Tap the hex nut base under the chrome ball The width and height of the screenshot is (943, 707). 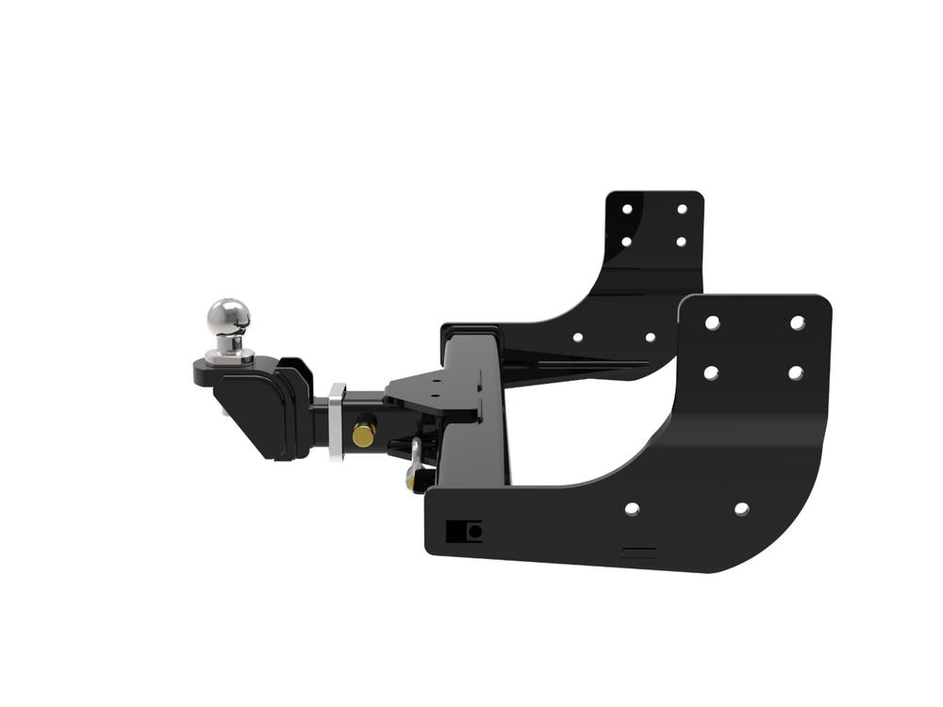pyautogui.click(x=229, y=354)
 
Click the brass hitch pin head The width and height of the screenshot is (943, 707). pyautogui.click(x=363, y=434)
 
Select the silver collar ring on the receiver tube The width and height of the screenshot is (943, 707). pyautogui.click(x=337, y=420)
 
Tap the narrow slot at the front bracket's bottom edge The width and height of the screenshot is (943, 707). pyautogui.click(x=638, y=551)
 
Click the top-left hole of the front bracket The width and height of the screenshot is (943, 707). pyautogui.click(x=712, y=323)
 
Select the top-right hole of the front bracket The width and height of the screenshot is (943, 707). pyautogui.click(x=797, y=322)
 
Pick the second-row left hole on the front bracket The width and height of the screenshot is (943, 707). pyautogui.click(x=711, y=372)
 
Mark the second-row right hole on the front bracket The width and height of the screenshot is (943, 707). pyautogui.click(x=795, y=372)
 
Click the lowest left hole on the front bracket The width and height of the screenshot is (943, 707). pyautogui.click(x=632, y=509)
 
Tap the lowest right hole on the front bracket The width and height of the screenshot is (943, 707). pyautogui.click(x=741, y=509)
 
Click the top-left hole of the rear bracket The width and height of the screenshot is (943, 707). pyautogui.click(x=626, y=208)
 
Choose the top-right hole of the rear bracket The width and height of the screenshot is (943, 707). pyautogui.click(x=681, y=208)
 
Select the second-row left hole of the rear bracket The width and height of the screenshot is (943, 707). pyautogui.click(x=626, y=241)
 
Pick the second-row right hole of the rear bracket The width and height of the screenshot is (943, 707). pyautogui.click(x=681, y=241)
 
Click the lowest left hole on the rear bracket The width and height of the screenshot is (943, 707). pyautogui.click(x=577, y=337)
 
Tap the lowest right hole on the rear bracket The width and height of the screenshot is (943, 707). pyautogui.click(x=650, y=337)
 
